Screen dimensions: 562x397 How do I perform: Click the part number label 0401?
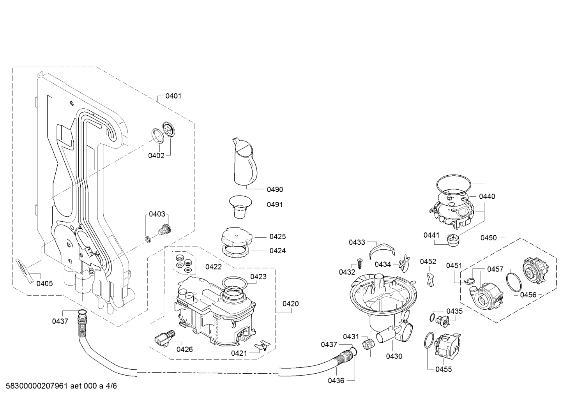tap(173, 96)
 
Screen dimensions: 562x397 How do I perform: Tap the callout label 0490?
tap(275, 190)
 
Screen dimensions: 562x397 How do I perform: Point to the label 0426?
tap(184, 349)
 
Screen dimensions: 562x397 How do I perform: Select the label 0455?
tap(444, 369)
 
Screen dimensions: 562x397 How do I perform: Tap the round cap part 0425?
tap(237, 237)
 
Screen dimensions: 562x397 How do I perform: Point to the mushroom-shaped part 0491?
tap(240, 206)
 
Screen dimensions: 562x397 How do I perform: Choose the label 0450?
tap(488, 238)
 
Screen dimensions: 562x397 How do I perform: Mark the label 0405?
tap(44, 284)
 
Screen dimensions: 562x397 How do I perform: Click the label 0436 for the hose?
tap(336, 381)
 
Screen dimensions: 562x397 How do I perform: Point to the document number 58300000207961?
tap(37, 386)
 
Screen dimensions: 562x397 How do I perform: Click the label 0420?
tap(290, 304)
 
